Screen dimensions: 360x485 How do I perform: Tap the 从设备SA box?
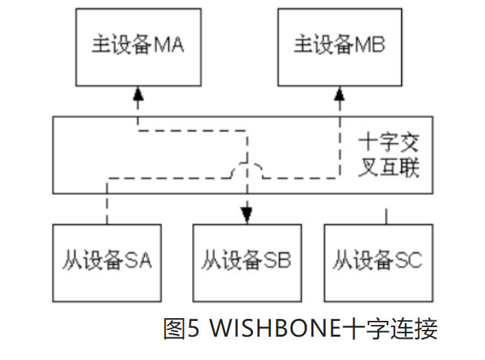point(106,261)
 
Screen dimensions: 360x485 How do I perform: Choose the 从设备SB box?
point(246,261)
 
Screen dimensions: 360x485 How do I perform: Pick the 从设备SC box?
point(379,261)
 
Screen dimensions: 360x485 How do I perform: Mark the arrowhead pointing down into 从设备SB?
point(246,217)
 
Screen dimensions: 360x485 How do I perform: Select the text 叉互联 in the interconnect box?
point(388,169)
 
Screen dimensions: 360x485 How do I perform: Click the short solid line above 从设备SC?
point(386,215)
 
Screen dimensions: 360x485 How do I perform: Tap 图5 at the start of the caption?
point(182,329)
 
